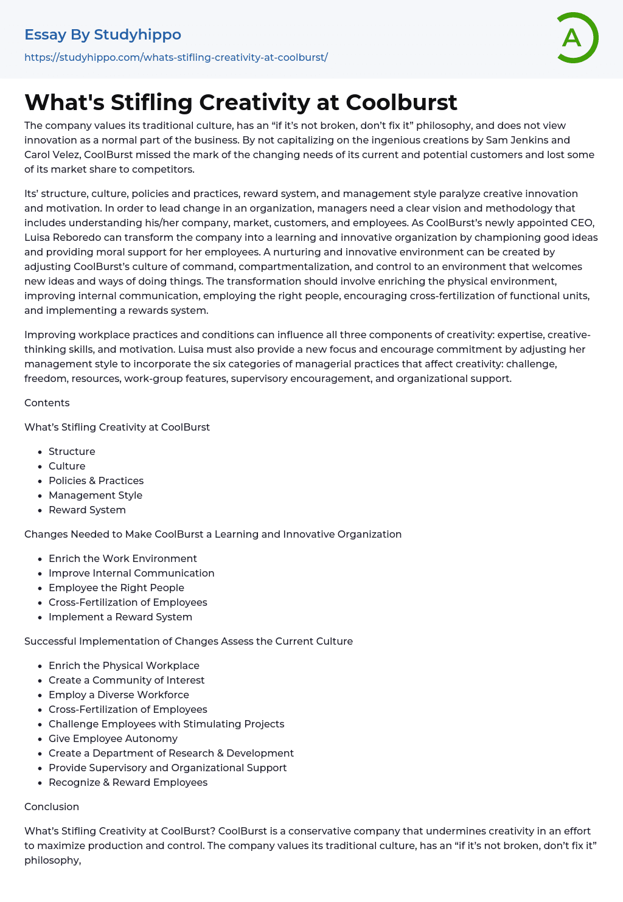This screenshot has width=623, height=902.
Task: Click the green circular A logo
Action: (x=577, y=38)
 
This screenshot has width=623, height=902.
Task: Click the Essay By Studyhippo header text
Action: (x=103, y=35)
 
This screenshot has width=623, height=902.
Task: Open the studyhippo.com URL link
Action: (x=176, y=57)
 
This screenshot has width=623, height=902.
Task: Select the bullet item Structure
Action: (x=72, y=451)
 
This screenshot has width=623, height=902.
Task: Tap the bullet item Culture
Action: (x=67, y=466)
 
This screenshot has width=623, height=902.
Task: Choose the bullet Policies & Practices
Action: (x=96, y=480)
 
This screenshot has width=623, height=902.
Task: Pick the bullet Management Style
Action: (x=96, y=495)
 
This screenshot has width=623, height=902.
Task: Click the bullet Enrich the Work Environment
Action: (x=123, y=558)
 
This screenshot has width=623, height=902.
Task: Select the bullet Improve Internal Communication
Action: (x=131, y=573)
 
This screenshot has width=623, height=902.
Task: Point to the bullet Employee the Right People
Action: (x=116, y=588)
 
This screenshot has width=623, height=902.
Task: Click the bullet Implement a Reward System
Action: (x=120, y=617)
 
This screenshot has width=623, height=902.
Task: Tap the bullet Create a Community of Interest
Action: (x=127, y=680)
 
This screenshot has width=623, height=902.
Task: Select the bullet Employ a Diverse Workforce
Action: (x=119, y=695)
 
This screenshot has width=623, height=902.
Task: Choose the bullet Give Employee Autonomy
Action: (x=113, y=738)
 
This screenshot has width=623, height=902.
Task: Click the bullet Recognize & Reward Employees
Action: (x=128, y=782)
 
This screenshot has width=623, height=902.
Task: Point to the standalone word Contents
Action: (x=47, y=403)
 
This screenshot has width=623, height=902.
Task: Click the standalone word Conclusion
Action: (x=52, y=807)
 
